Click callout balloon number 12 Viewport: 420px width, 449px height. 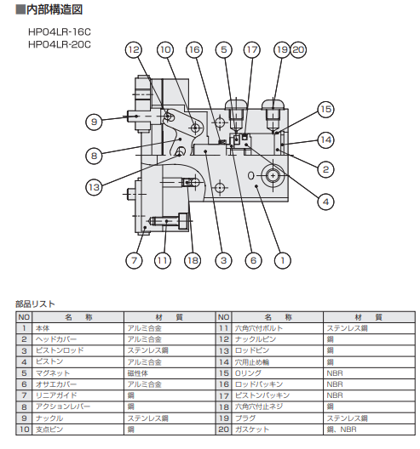tap(134, 50)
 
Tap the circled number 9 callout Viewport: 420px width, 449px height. tap(94, 122)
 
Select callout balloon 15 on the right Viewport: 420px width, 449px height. tap(325, 110)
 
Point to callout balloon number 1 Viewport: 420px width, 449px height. tap(283, 260)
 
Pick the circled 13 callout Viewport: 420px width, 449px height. tap(94, 188)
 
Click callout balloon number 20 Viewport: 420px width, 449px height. tap(298, 50)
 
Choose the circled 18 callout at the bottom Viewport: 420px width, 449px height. tap(193, 260)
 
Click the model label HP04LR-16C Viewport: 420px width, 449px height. tap(60, 31)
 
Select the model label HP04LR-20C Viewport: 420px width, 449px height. tap(60, 45)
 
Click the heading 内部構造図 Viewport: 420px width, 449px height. tap(49, 9)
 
